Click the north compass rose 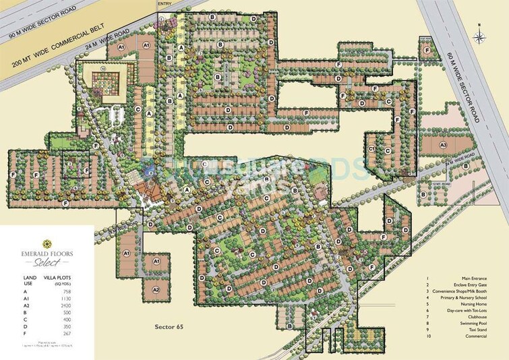[477, 32]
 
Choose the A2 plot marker [155, 289]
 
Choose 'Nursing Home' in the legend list [478, 304]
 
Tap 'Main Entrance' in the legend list [477, 278]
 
